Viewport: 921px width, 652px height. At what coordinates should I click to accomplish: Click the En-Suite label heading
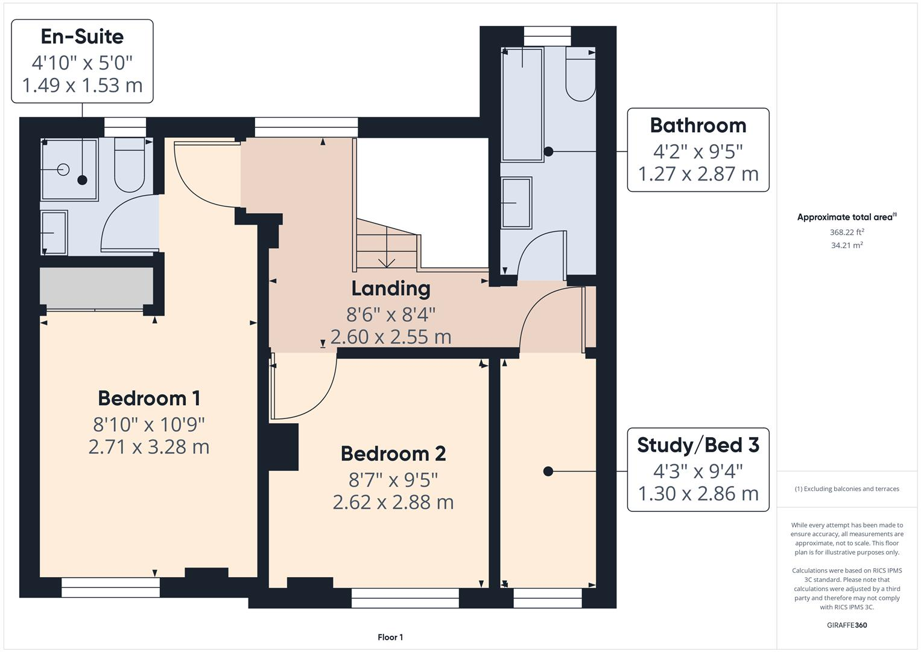pos(82,37)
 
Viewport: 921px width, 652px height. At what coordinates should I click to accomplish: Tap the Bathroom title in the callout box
pos(698,126)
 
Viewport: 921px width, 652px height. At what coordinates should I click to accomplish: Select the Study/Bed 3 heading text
pos(698,445)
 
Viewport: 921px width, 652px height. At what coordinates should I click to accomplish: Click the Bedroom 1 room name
pos(149,398)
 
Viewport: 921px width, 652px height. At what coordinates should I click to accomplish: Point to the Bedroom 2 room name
pos(393,453)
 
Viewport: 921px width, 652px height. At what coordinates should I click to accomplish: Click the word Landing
pos(391,289)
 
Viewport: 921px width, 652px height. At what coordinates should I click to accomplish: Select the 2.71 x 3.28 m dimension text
pos(149,447)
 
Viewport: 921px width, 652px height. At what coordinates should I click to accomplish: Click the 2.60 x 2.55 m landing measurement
pos(391,337)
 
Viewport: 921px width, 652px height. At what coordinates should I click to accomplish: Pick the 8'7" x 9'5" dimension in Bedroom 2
pos(393,479)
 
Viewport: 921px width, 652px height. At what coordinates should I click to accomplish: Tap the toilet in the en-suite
pos(129,164)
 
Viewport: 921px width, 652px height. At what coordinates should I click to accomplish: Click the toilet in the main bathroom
pos(580,75)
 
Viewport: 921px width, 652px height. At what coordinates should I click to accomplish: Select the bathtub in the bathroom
pos(522,104)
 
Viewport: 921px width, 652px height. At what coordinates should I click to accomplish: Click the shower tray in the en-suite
pos(69,169)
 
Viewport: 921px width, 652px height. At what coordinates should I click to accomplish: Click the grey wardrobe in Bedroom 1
pos(97,287)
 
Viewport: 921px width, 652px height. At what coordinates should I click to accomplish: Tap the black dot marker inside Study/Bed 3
pos(548,471)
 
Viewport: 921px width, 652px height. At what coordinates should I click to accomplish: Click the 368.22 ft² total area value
pos(846,232)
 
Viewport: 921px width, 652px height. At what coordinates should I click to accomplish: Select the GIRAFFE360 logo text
pos(846,625)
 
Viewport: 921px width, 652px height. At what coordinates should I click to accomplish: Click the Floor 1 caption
pos(390,638)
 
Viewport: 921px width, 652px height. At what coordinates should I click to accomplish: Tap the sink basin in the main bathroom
pos(516,202)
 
